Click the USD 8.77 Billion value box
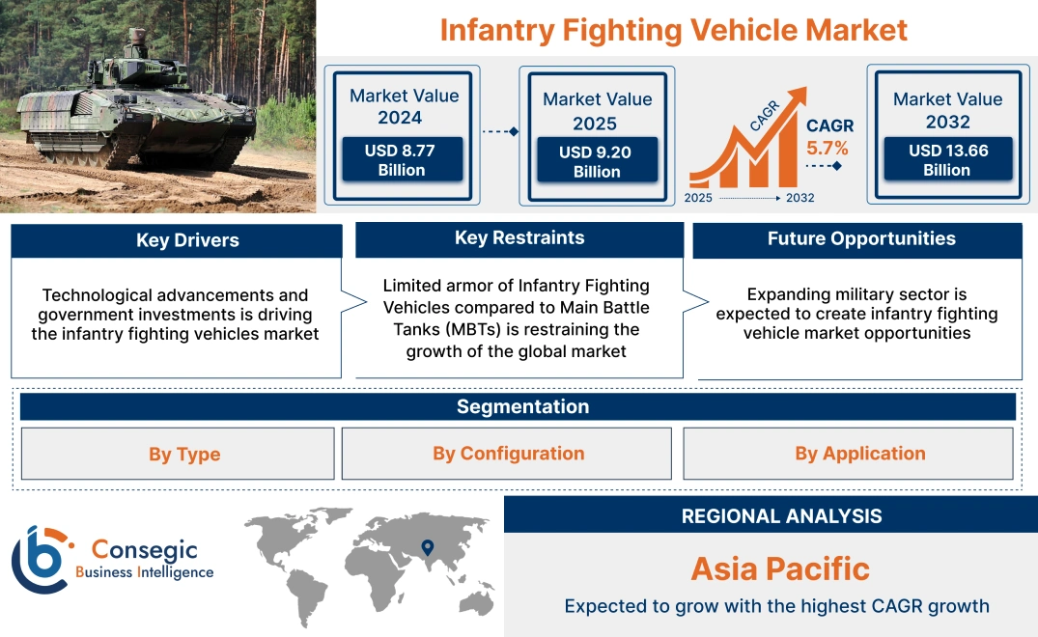pyautogui.click(x=402, y=160)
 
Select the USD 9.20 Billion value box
pyautogui.click(x=597, y=161)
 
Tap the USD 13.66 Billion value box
pyautogui.click(x=946, y=160)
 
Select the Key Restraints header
pyautogui.click(x=519, y=238)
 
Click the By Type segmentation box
pyautogui.click(x=183, y=454)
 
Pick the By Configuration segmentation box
pyautogui.click(x=508, y=454)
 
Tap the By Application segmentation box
pyautogui.click(x=859, y=454)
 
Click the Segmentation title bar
pyautogui.click(x=522, y=406)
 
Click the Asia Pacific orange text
pyautogui.click(x=780, y=568)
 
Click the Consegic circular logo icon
pyautogui.click(x=41, y=560)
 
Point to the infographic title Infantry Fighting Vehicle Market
pyautogui.click(x=673, y=30)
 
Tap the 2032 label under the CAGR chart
pyautogui.click(x=800, y=198)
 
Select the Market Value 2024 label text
pyautogui.click(x=404, y=106)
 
